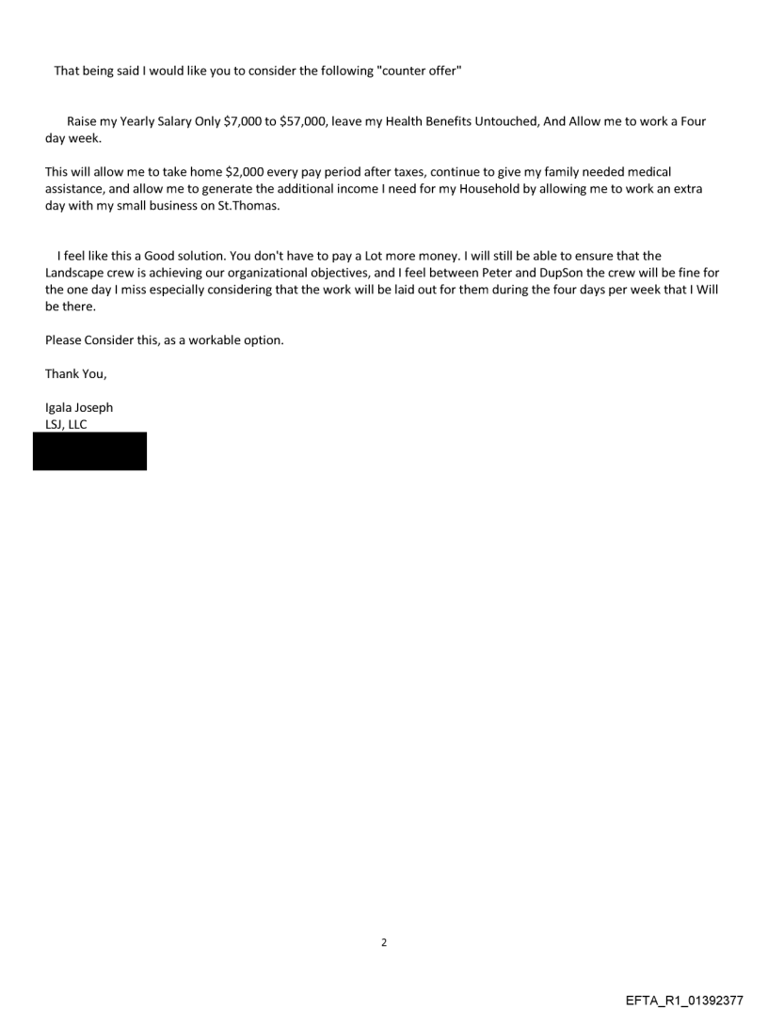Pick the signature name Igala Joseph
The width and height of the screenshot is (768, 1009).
tap(79, 408)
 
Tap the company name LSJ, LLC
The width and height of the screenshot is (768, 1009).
tap(66, 424)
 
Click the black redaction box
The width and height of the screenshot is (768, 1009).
tap(90, 451)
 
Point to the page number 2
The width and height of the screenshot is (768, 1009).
tap(384, 942)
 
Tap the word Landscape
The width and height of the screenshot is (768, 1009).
tap(74, 273)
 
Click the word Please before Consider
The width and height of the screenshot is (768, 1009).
tap(63, 340)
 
